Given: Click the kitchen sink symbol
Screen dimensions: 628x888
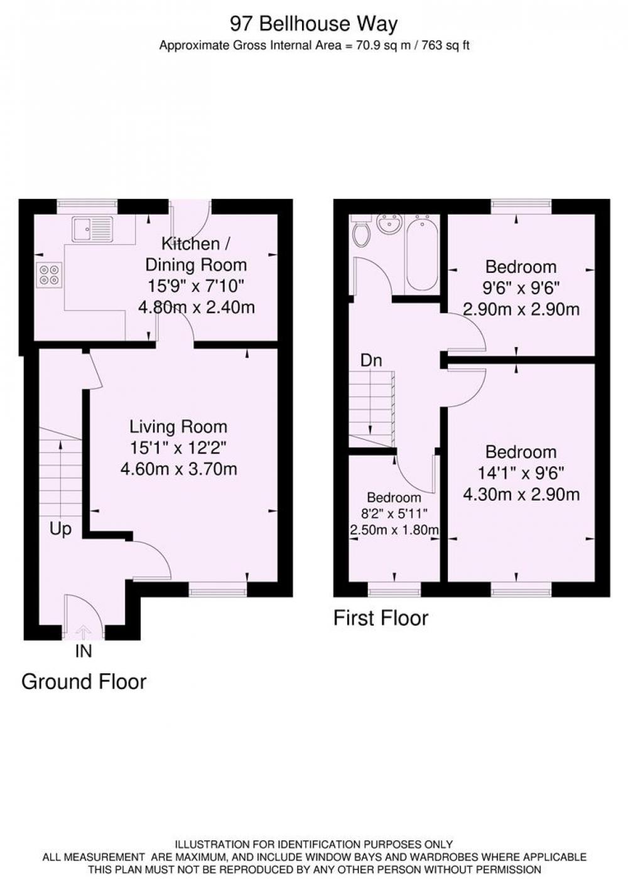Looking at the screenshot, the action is (93, 228).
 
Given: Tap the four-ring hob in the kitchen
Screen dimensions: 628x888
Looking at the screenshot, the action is (50, 275).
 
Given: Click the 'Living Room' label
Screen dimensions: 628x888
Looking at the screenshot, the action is (178, 427).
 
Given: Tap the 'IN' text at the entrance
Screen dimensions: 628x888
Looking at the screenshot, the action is (84, 651).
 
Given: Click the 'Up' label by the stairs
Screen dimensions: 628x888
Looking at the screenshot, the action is (61, 529).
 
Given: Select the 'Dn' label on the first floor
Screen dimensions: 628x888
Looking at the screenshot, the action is (371, 360).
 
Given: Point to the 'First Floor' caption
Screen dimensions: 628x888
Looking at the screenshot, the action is (381, 618).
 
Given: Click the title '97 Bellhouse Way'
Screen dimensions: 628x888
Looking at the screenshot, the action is (313, 24).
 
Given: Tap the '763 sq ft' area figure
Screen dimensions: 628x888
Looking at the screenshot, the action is (445, 46).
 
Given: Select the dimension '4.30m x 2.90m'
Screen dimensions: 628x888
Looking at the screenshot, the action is (521, 495).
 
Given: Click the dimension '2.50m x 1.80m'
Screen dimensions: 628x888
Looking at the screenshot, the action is (394, 530).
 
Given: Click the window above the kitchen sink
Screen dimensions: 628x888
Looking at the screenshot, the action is (87, 205).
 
